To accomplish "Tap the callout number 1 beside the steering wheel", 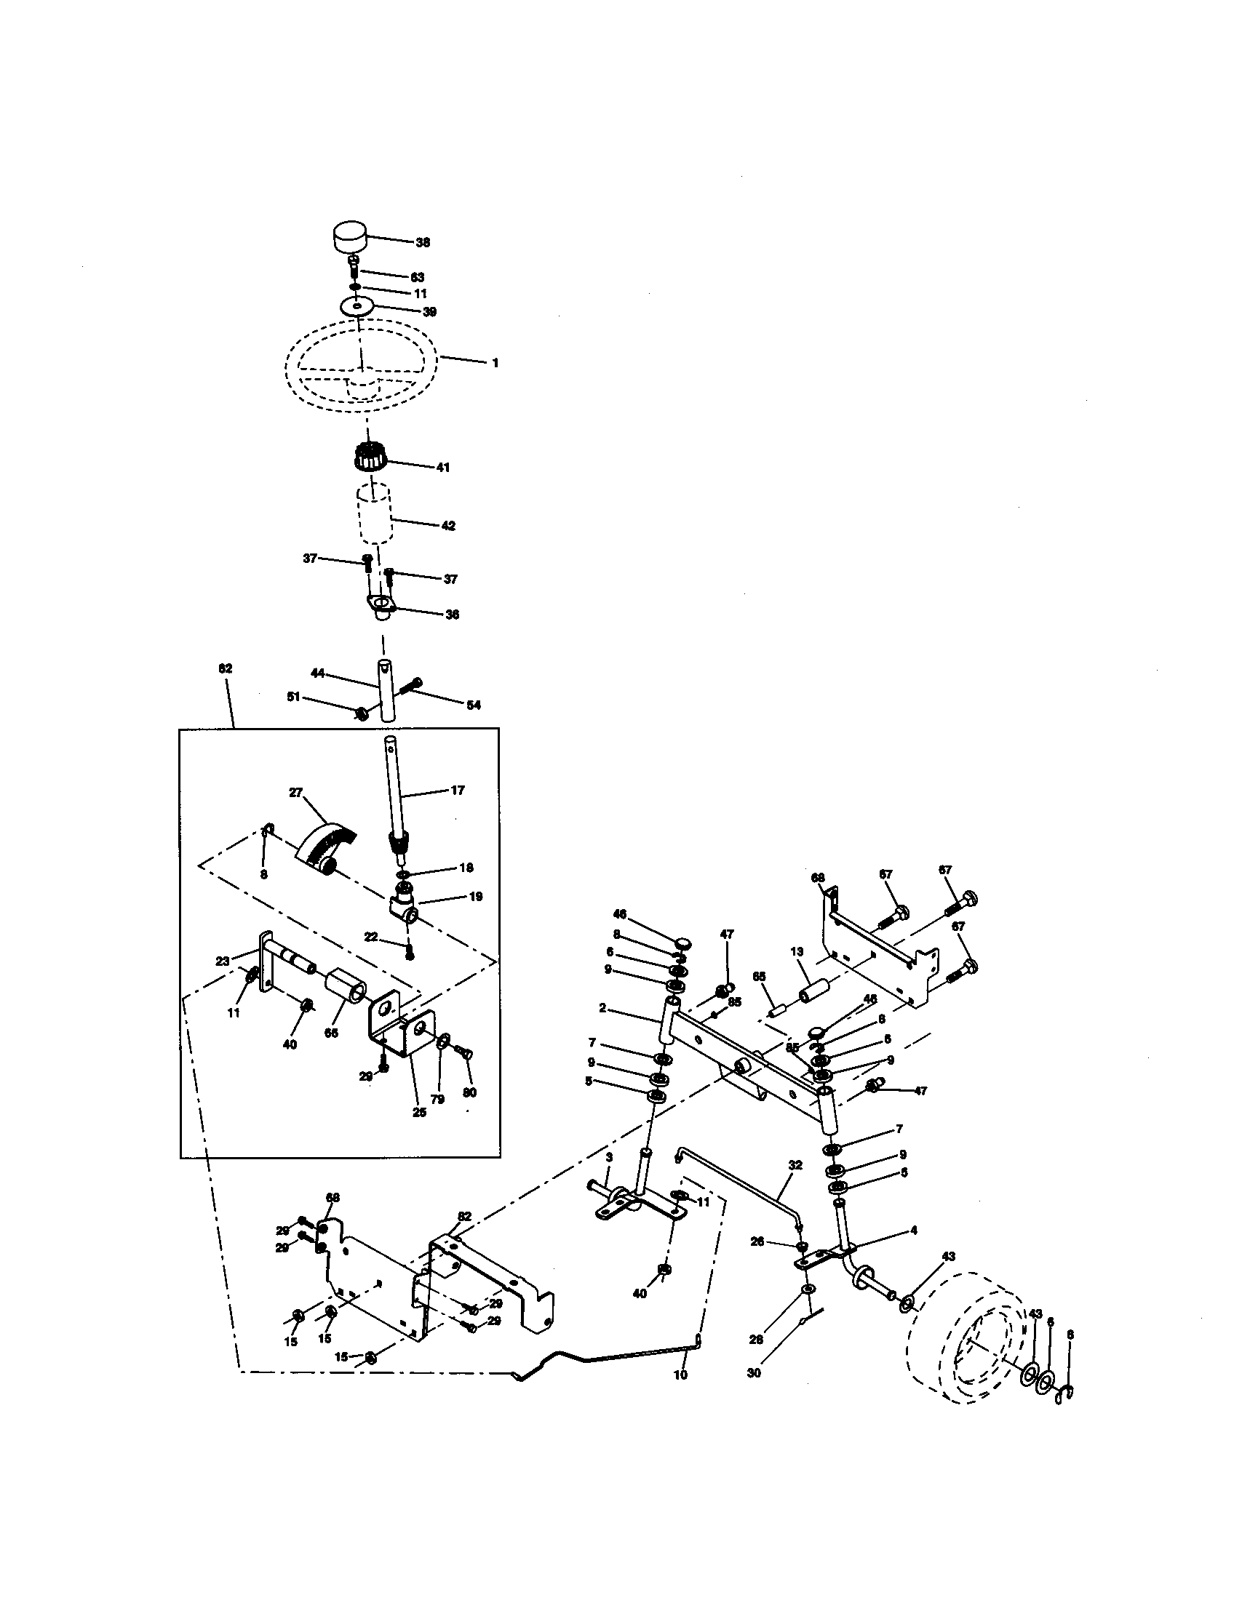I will pos(495,363).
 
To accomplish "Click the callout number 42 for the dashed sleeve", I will pos(447,526).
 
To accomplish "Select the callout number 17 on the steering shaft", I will pos(457,791).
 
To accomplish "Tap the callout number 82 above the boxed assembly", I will pos(225,669).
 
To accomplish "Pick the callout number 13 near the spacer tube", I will pos(797,952).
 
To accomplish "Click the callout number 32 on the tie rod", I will pos(795,1165).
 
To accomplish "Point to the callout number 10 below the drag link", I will pos(680,1375).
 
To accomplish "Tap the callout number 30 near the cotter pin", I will pos(754,1373).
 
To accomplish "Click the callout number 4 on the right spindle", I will pos(913,1231).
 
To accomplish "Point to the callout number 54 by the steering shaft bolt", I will pos(474,705).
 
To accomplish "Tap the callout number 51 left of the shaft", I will pos(294,697).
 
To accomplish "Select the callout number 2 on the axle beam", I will pos(602,1008).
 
